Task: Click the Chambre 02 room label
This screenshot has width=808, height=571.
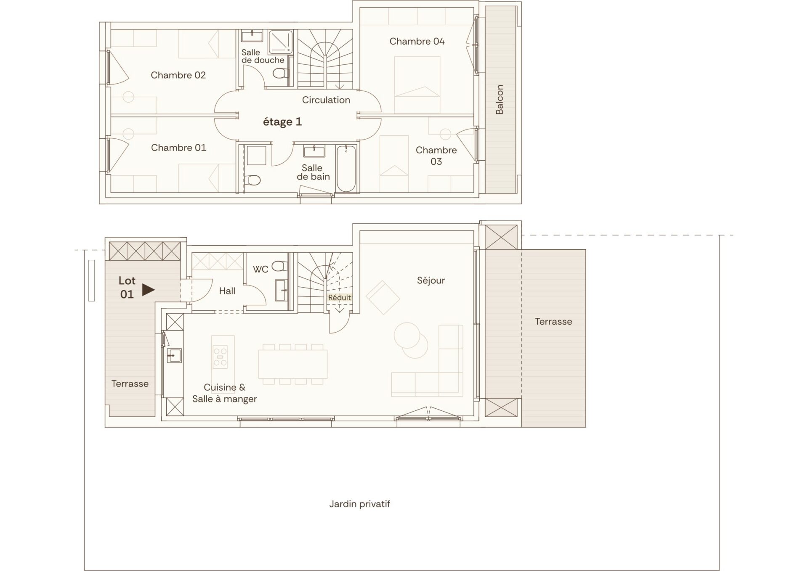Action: click(x=178, y=75)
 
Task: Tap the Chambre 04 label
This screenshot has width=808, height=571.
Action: click(x=417, y=41)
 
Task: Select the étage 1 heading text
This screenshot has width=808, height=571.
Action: click(x=282, y=122)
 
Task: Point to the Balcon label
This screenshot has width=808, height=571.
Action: click(x=500, y=100)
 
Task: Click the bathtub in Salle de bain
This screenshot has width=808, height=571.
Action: click(x=346, y=169)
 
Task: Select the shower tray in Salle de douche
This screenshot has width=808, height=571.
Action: click(x=280, y=42)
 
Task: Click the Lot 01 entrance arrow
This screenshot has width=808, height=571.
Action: click(x=148, y=290)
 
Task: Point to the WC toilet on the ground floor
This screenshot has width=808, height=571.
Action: click(x=279, y=266)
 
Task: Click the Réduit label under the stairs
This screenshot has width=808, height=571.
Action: click(x=340, y=298)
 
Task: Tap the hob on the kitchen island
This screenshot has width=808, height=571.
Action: click(x=220, y=357)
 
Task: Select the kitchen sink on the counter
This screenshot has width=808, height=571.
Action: click(x=174, y=355)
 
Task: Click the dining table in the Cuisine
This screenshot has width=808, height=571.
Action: click(x=293, y=364)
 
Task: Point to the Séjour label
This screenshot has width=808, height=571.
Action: click(x=431, y=280)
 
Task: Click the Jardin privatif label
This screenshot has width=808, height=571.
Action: click(x=360, y=504)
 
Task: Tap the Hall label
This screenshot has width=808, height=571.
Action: click(x=227, y=291)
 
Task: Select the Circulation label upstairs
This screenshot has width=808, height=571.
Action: click(x=326, y=100)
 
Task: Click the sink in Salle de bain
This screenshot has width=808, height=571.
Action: click(x=314, y=151)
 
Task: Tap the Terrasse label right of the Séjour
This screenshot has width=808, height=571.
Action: click(x=553, y=322)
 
